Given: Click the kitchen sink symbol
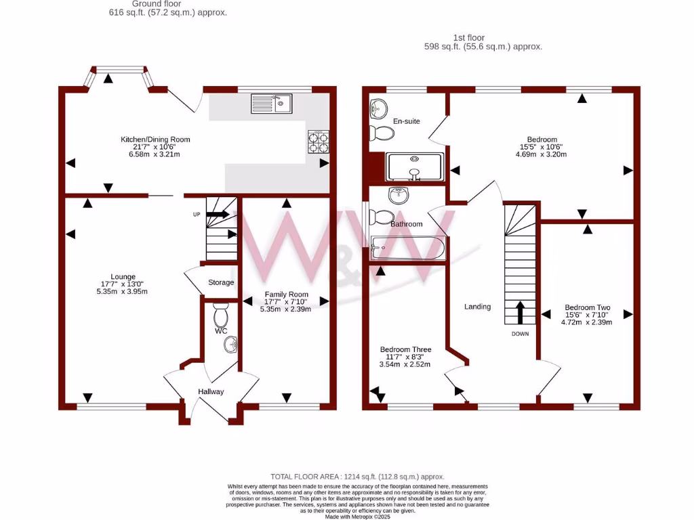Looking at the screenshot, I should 271,103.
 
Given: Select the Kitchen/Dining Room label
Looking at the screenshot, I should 155,139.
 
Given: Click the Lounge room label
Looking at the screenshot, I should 123,276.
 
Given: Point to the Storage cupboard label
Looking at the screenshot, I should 221,282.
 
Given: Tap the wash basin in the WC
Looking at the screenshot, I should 231,345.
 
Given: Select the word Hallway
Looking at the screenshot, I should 211,391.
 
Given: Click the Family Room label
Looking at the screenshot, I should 286,295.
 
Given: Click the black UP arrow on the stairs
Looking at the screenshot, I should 218,214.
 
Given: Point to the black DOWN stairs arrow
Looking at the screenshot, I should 520,313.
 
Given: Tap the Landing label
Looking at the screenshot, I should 477,307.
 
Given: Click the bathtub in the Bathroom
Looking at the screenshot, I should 407,248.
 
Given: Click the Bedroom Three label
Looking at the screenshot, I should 405,349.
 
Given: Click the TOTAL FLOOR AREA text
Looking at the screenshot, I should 357,477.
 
